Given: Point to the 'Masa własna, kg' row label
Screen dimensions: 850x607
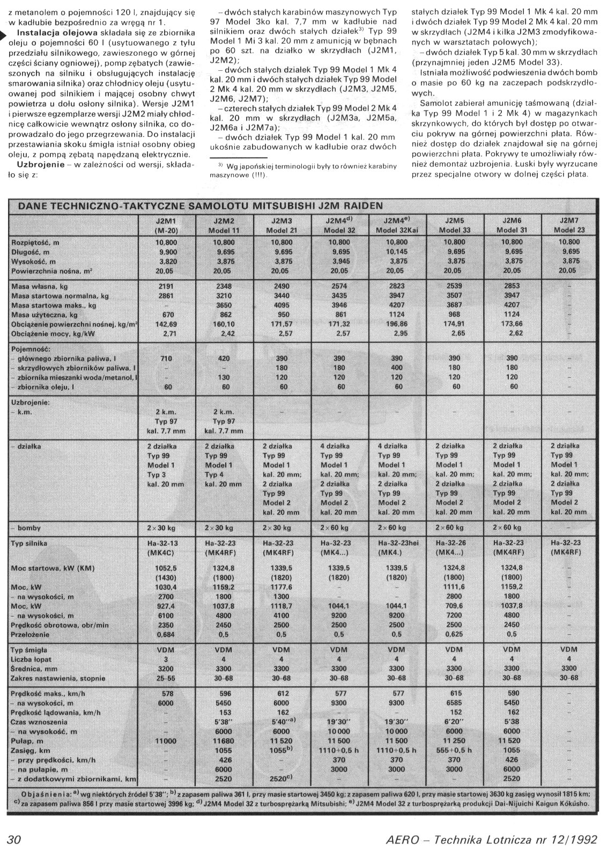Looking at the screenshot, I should pyautogui.click(x=38, y=287).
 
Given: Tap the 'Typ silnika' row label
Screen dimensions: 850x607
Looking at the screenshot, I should pyautogui.click(x=29, y=544).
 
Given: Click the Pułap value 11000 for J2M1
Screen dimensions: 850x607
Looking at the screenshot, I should pyautogui.click(x=166, y=741).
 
